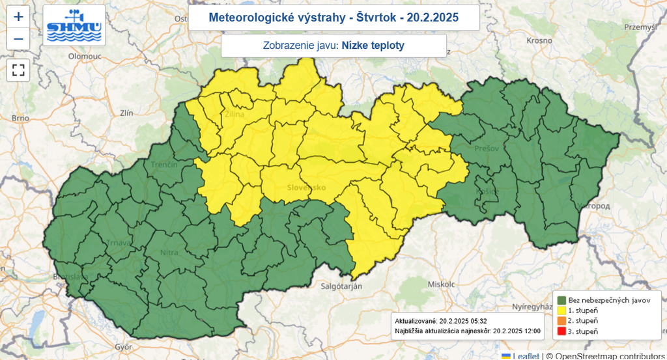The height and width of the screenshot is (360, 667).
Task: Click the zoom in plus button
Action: click(18, 17)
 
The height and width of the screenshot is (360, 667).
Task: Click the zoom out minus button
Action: click(18, 39)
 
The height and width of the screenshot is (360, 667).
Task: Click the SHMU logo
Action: click(74, 25)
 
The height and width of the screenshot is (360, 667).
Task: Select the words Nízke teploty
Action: click(373, 46)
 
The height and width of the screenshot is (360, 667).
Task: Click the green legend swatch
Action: click(561, 300)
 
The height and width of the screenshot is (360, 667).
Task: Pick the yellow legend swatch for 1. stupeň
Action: click(561, 311)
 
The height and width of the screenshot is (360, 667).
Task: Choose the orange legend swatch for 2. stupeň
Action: click(561, 321)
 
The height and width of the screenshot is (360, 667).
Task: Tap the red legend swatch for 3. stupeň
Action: click(561, 331)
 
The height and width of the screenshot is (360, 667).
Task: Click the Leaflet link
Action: click(526, 355)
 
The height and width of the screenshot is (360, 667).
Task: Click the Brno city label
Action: click(21, 118)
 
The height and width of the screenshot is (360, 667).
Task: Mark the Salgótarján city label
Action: click(341, 286)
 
